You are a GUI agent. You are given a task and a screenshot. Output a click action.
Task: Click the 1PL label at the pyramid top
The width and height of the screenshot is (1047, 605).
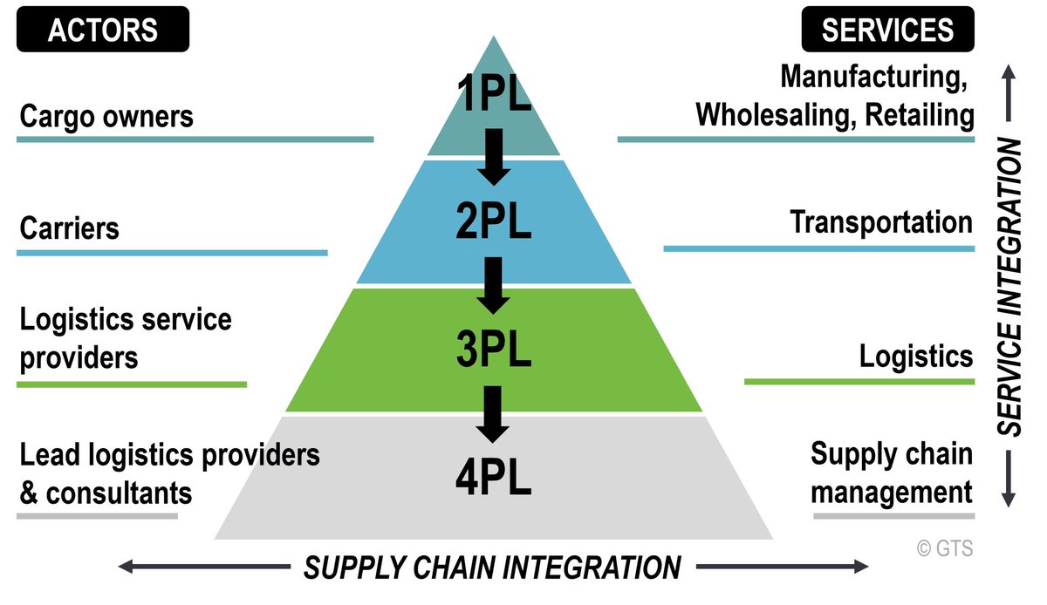click(494, 95)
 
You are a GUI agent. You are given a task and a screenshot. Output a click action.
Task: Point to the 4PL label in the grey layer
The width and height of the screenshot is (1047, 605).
click(494, 479)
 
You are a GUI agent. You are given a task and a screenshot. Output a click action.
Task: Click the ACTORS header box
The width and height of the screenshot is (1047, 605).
click(103, 30)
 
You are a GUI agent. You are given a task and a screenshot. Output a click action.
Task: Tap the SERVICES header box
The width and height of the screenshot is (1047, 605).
click(887, 30)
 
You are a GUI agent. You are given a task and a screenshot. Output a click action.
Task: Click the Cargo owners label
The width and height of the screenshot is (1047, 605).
click(106, 116)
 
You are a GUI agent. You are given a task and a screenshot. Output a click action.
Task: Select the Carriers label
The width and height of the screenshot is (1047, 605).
click(69, 228)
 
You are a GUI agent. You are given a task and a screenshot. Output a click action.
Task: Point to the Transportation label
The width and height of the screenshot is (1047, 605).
click(881, 222)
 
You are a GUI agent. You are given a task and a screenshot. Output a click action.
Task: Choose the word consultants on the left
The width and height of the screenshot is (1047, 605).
click(119, 493)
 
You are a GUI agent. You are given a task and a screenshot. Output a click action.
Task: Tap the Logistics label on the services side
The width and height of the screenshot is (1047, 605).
click(915, 356)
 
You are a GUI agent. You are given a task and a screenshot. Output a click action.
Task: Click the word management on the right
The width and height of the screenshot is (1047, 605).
click(892, 493)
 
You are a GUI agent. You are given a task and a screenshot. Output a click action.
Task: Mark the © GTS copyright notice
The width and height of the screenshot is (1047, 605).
click(944, 548)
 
